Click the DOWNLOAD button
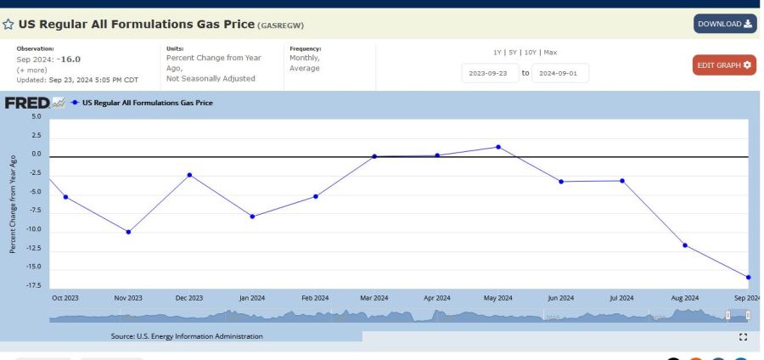[724, 24]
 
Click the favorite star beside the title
[9, 25]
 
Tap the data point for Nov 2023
[128, 232]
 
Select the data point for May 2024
[498, 147]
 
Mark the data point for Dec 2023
[189, 175]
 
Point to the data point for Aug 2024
[685, 245]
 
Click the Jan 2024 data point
[252, 217]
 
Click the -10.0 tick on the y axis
[34, 230]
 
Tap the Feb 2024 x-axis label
[314, 298]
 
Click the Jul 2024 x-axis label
[621, 298]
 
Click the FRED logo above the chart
[26, 103]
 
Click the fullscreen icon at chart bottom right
[743, 337]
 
